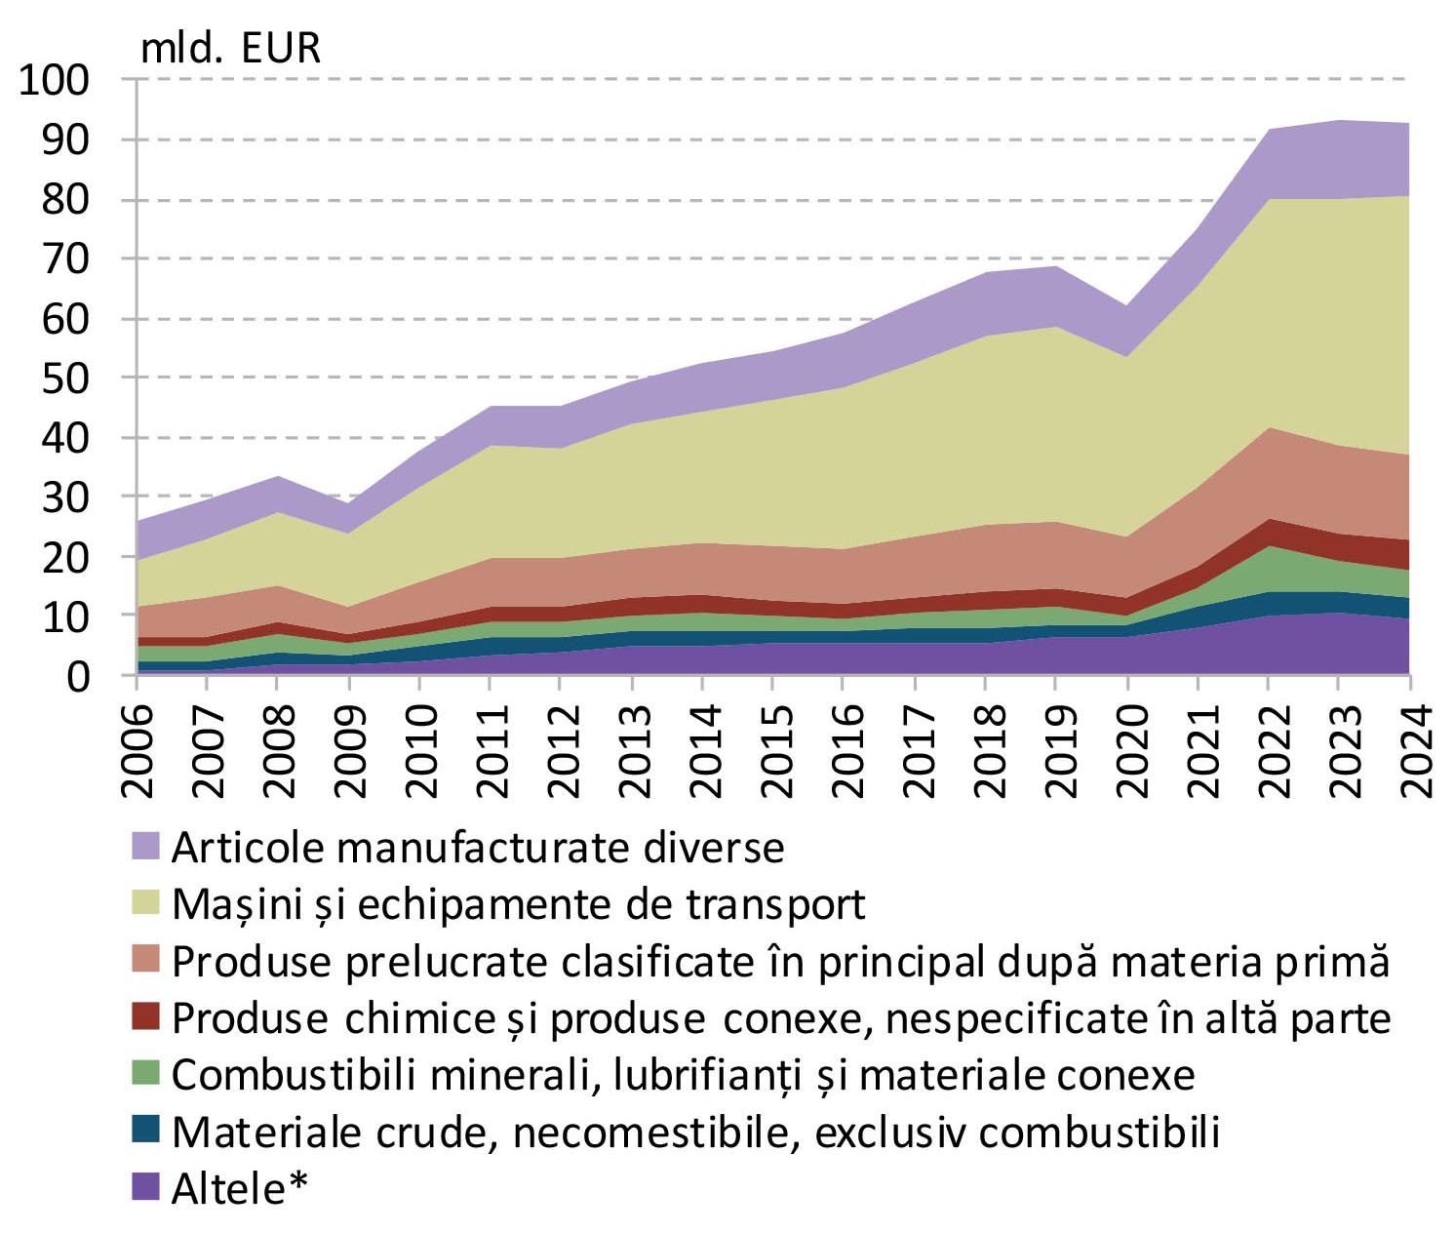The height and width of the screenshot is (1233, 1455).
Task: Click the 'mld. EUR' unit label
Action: pos(230,48)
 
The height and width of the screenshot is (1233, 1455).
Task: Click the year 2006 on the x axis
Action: pos(138,751)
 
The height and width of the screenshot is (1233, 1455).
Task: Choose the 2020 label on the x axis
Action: pos(1128,751)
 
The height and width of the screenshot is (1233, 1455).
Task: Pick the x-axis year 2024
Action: pos(1411,751)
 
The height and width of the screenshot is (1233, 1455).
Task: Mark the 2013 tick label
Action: pos(634,751)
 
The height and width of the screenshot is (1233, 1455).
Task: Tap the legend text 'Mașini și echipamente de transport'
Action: pos(518,904)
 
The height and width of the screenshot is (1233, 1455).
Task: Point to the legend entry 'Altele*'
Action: pos(239,1188)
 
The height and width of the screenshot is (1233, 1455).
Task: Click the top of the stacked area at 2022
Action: pos(1268,130)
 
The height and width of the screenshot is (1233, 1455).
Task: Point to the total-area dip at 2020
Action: pos(1128,306)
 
